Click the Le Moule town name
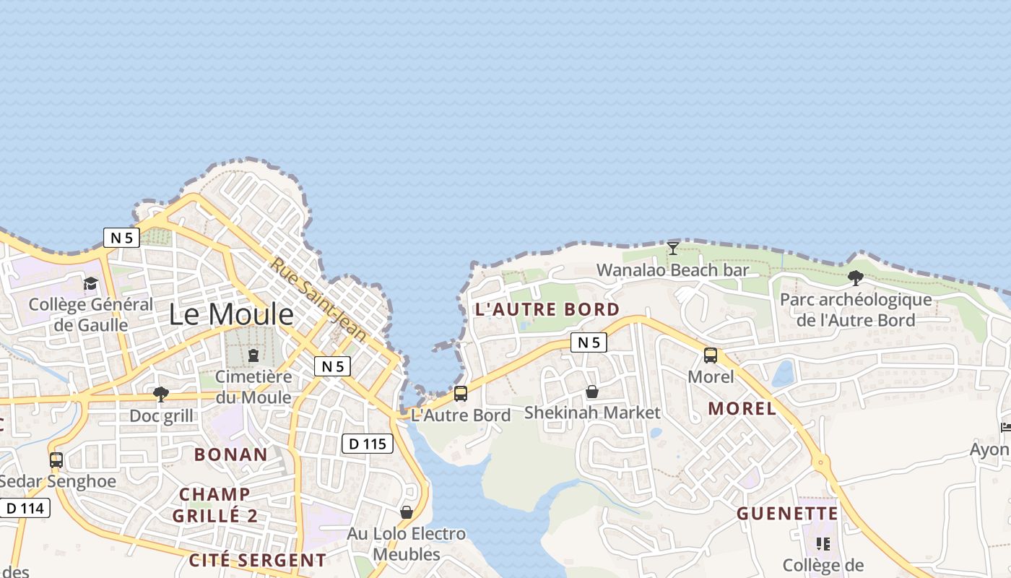pyautogui.click(x=231, y=315)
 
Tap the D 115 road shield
pyautogui.click(x=368, y=444)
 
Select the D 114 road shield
pyautogui.click(x=25, y=508)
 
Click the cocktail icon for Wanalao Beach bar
pyautogui.click(x=672, y=248)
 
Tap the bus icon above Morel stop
pyautogui.click(x=711, y=355)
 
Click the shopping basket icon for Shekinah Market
pyautogui.click(x=592, y=392)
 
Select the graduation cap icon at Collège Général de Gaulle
pyautogui.click(x=91, y=283)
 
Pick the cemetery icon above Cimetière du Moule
pyautogui.click(x=253, y=355)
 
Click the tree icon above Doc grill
pyautogui.click(x=161, y=394)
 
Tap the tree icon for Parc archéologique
pyautogui.click(x=856, y=277)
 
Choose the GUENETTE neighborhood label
pyautogui.click(x=787, y=514)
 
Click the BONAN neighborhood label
pyautogui.click(x=231, y=454)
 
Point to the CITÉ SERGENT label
pyautogui.click(x=257, y=560)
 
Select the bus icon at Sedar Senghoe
pyautogui.click(x=56, y=460)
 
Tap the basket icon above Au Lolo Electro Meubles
pyautogui.click(x=407, y=512)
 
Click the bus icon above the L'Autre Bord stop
pyautogui.click(x=461, y=394)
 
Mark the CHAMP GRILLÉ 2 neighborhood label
pyautogui.click(x=215, y=505)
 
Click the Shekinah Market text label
pyautogui.click(x=592, y=413)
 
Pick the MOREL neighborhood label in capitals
pyautogui.click(x=742, y=408)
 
